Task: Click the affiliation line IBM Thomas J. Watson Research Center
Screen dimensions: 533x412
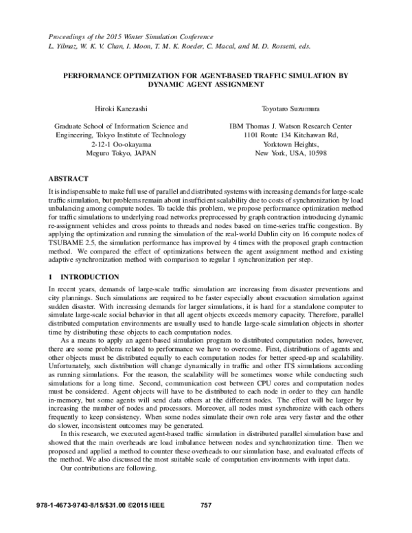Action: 290,126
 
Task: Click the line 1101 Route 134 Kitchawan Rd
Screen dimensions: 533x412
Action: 290,135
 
